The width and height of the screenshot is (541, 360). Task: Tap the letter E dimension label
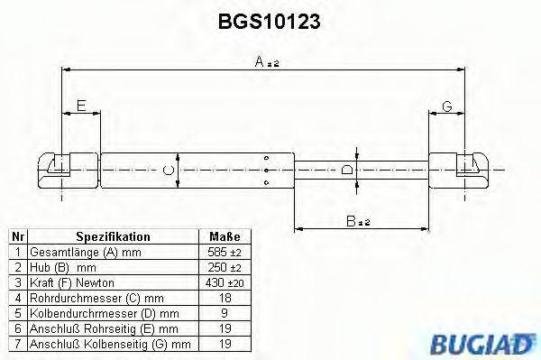coord(80,106)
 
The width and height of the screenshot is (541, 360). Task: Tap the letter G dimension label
coord(446,106)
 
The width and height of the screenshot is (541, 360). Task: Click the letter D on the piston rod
coord(348,169)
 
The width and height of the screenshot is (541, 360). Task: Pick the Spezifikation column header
coord(113,236)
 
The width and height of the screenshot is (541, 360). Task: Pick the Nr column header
coord(16,236)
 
